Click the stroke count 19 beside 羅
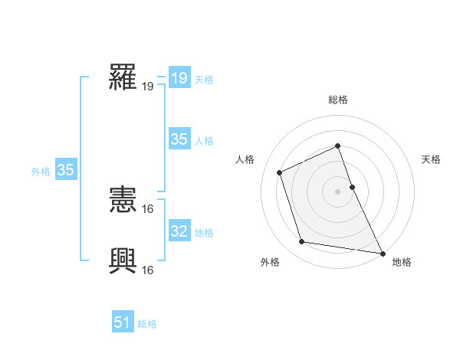point(148,86)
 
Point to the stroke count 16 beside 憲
point(148,208)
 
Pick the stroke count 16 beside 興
point(148,270)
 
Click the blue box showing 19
point(179,78)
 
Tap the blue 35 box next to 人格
point(179,139)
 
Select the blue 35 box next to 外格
point(65,170)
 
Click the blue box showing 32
point(179,231)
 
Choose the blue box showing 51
point(122,323)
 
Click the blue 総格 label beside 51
point(147,324)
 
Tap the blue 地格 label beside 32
point(204,232)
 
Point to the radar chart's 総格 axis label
point(338,100)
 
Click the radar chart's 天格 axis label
point(431,159)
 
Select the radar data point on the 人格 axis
point(280,172)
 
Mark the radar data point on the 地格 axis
point(382,252)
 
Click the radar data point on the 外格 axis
point(302,242)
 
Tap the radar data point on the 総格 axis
point(338,146)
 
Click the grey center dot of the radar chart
point(338,191)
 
